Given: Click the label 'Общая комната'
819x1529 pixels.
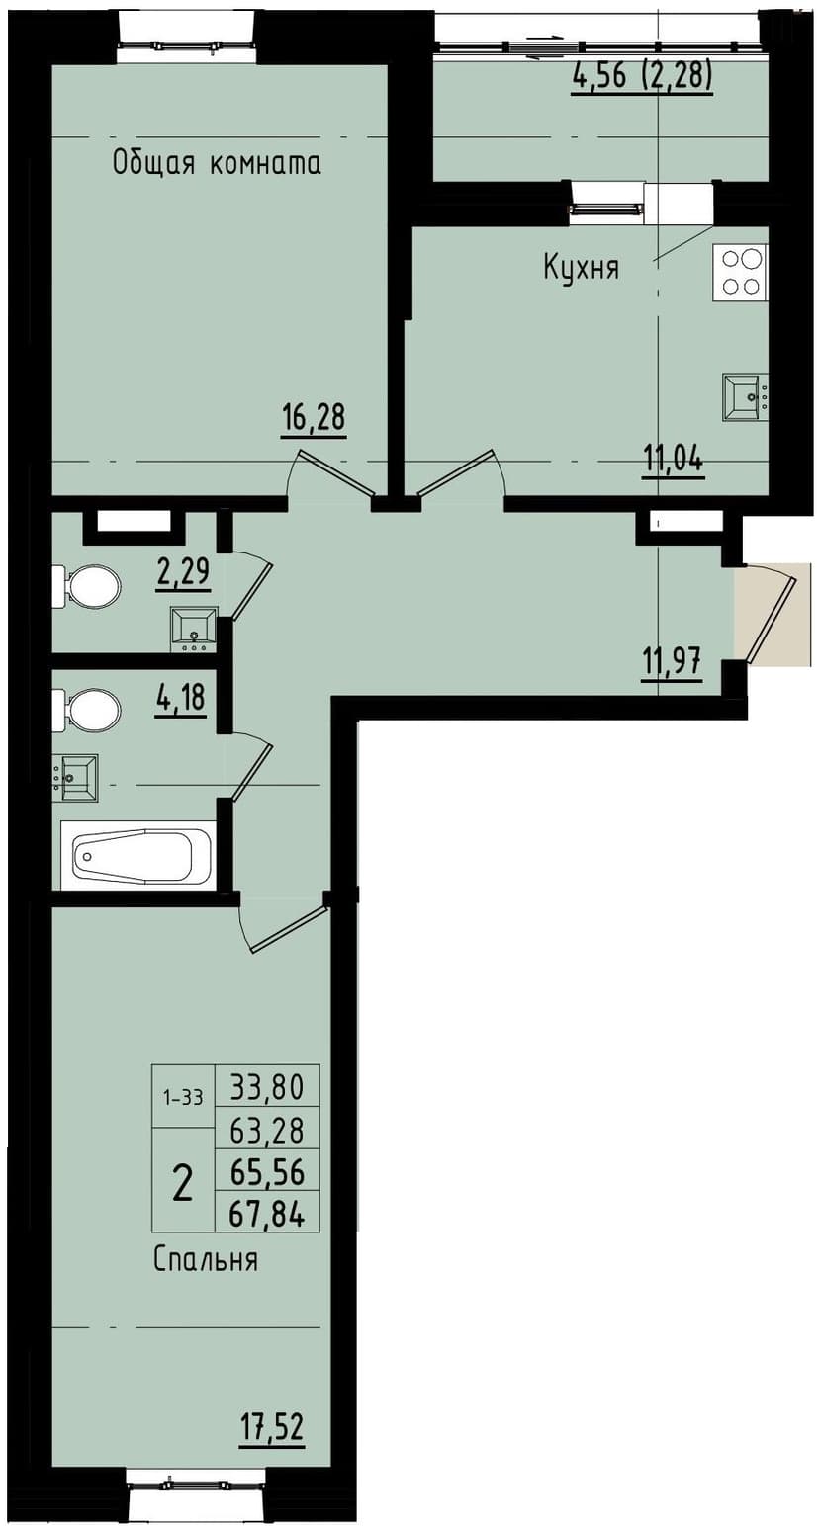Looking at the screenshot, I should click(x=217, y=163).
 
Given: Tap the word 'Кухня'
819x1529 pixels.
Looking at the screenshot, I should click(x=581, y=267).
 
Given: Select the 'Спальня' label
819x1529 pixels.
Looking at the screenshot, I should click(x=206, y=1260).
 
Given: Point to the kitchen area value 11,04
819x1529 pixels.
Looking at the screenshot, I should click(x=674, y=460).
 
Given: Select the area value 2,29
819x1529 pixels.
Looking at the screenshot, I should click(x=183, y=572).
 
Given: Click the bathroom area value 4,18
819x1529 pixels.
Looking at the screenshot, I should click(x=179, y=697).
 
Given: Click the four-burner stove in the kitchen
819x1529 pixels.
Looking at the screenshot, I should click(x=741, y=273).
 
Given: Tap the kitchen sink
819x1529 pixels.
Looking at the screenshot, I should click(x=745, y=397).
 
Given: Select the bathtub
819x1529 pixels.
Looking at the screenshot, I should click(x=138, y=855).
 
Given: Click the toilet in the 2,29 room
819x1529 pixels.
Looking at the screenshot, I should click(x=89, y=588).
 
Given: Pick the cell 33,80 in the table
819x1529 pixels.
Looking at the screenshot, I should click(x=267, y=1087).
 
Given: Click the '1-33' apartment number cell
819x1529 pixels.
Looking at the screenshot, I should click(x=183, y=1096).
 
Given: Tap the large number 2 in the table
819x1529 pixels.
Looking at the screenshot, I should click(x=183, y=1181).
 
